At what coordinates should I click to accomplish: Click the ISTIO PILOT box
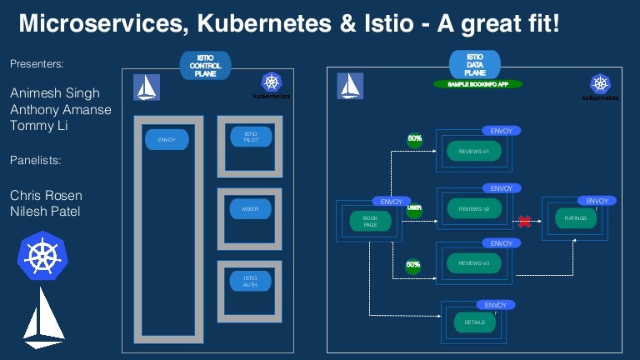pos(250,137)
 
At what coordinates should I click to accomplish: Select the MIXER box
pos(250,209)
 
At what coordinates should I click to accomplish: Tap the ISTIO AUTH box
pos(250,282)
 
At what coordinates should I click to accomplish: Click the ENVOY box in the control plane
pos(167,140)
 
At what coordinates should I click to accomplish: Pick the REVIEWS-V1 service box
pos(473,152)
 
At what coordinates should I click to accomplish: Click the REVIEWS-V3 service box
pos(473,264)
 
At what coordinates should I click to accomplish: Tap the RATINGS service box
pos(576,218)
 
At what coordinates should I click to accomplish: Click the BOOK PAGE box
pos(370,222)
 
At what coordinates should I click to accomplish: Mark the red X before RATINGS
pos(525,222)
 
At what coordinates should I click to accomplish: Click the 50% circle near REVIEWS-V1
pos(414,139)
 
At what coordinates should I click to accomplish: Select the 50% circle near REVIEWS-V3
pos(413,266)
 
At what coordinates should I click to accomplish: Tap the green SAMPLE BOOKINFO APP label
pos(478,84)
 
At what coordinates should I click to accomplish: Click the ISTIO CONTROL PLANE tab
pos(204,65)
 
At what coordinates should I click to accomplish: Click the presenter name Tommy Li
pos(39,127)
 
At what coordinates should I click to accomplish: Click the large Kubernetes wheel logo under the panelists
pos(42,255)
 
